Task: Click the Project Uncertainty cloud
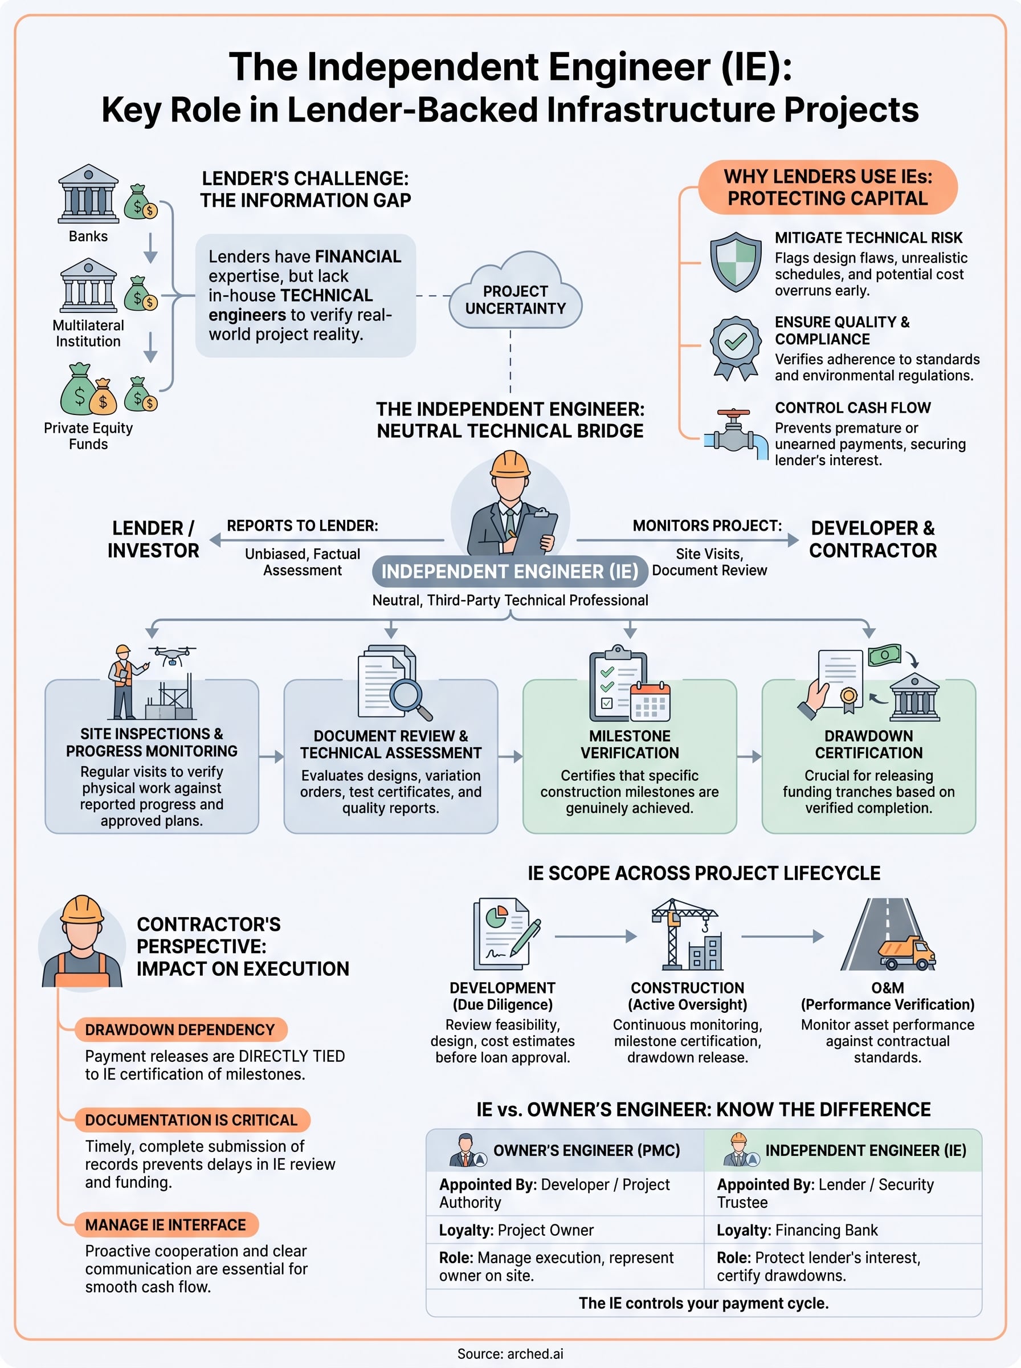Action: (516, 291)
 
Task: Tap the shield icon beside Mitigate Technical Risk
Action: (735, 262)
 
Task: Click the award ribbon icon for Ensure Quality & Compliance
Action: (735, 347)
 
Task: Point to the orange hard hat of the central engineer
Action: (510, 463)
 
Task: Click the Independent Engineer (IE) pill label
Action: (510, 571)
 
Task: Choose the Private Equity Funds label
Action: (88, 436)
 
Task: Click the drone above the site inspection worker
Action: (173, 655)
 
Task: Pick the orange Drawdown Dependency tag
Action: (180, 1030)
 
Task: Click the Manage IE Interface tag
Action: (166, 1224)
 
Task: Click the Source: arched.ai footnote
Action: (510, 1354)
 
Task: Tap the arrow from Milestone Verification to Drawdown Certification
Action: (749, 756)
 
